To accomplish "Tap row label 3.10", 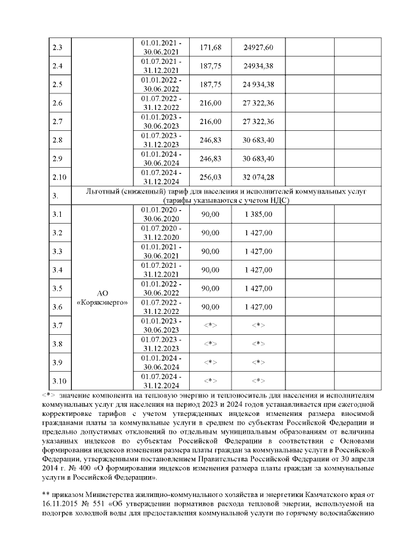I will pyautogui.click(x=60, y=380).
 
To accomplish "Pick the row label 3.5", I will pyautogui.click(x=58, y=288).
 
